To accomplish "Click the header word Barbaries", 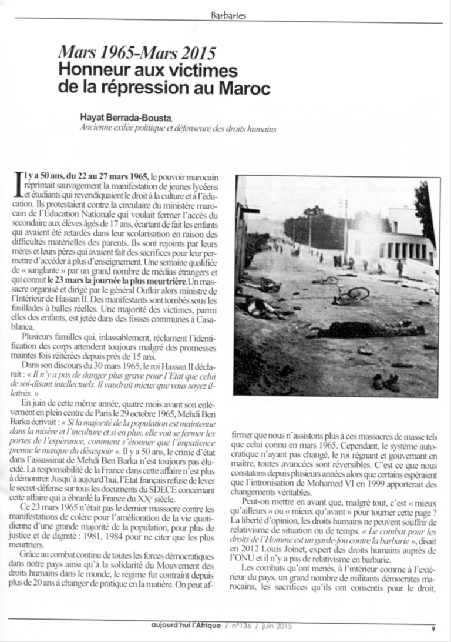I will [228, 16].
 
